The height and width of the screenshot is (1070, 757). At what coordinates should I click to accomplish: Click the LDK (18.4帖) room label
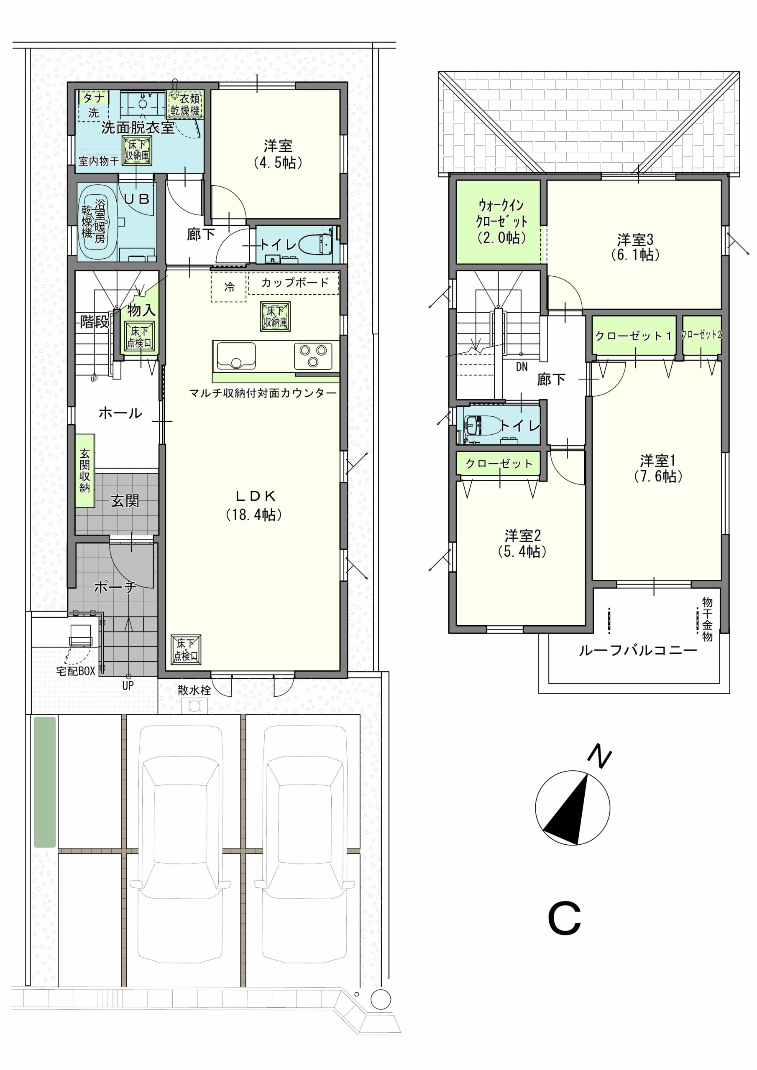pyautogui.click(x=254, y=505)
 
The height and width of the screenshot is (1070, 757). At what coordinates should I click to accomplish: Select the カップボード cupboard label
pyautogui.click(x=295, y=282)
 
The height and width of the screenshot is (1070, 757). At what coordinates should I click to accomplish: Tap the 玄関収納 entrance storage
pyautogui.click(x=85, y=471)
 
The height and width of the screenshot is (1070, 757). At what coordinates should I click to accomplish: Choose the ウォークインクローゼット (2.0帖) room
pyautogui.click(x=498, y=222)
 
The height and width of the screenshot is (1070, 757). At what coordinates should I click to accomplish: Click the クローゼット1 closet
pyautogui.click(x=633, y=336)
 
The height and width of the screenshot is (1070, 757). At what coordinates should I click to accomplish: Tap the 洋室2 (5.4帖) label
pyautogui.click(x=522, y=543)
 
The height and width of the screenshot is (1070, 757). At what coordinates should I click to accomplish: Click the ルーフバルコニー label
pyautogui.click(x=638, y=651)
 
